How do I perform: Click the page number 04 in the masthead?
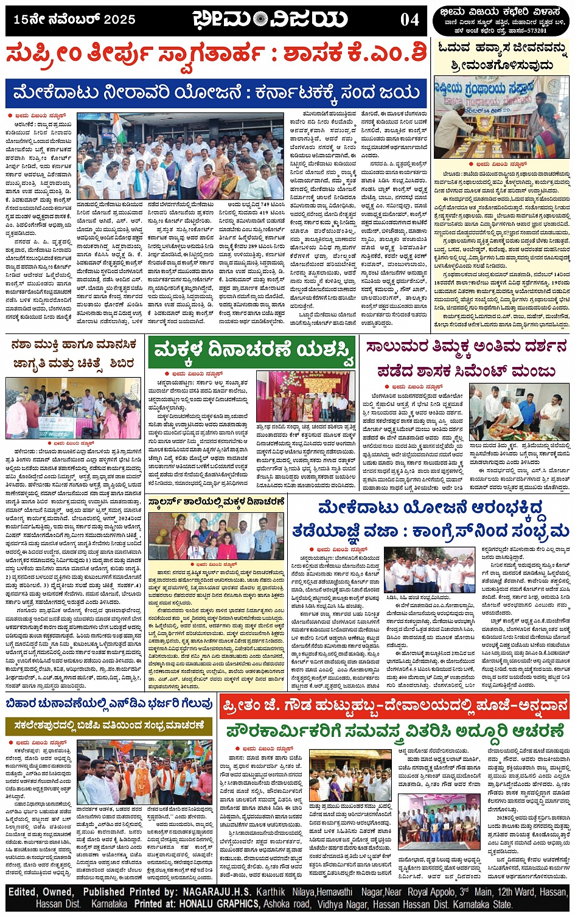(x=409, y=20)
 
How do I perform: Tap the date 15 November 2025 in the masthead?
(x=74, y=20)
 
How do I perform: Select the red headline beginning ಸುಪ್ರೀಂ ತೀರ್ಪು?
(x=216, y=56)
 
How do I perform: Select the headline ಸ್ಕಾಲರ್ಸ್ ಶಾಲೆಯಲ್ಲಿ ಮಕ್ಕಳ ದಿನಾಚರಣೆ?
(x=217, y=502)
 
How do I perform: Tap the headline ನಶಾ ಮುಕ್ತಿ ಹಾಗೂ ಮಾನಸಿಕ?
(x=74, y=346)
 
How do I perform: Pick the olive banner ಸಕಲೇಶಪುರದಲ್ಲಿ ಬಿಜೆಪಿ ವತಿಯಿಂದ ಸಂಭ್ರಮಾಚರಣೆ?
(x=110, y=726)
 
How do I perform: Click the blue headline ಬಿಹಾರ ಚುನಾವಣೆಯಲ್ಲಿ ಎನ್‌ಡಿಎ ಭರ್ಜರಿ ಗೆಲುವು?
(x=110, y=703)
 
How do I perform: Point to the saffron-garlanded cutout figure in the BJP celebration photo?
(x=141, y=781)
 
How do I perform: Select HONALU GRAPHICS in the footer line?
(x=212, y=904)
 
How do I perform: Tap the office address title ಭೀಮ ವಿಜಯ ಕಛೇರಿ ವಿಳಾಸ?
(x=501, y=13)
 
